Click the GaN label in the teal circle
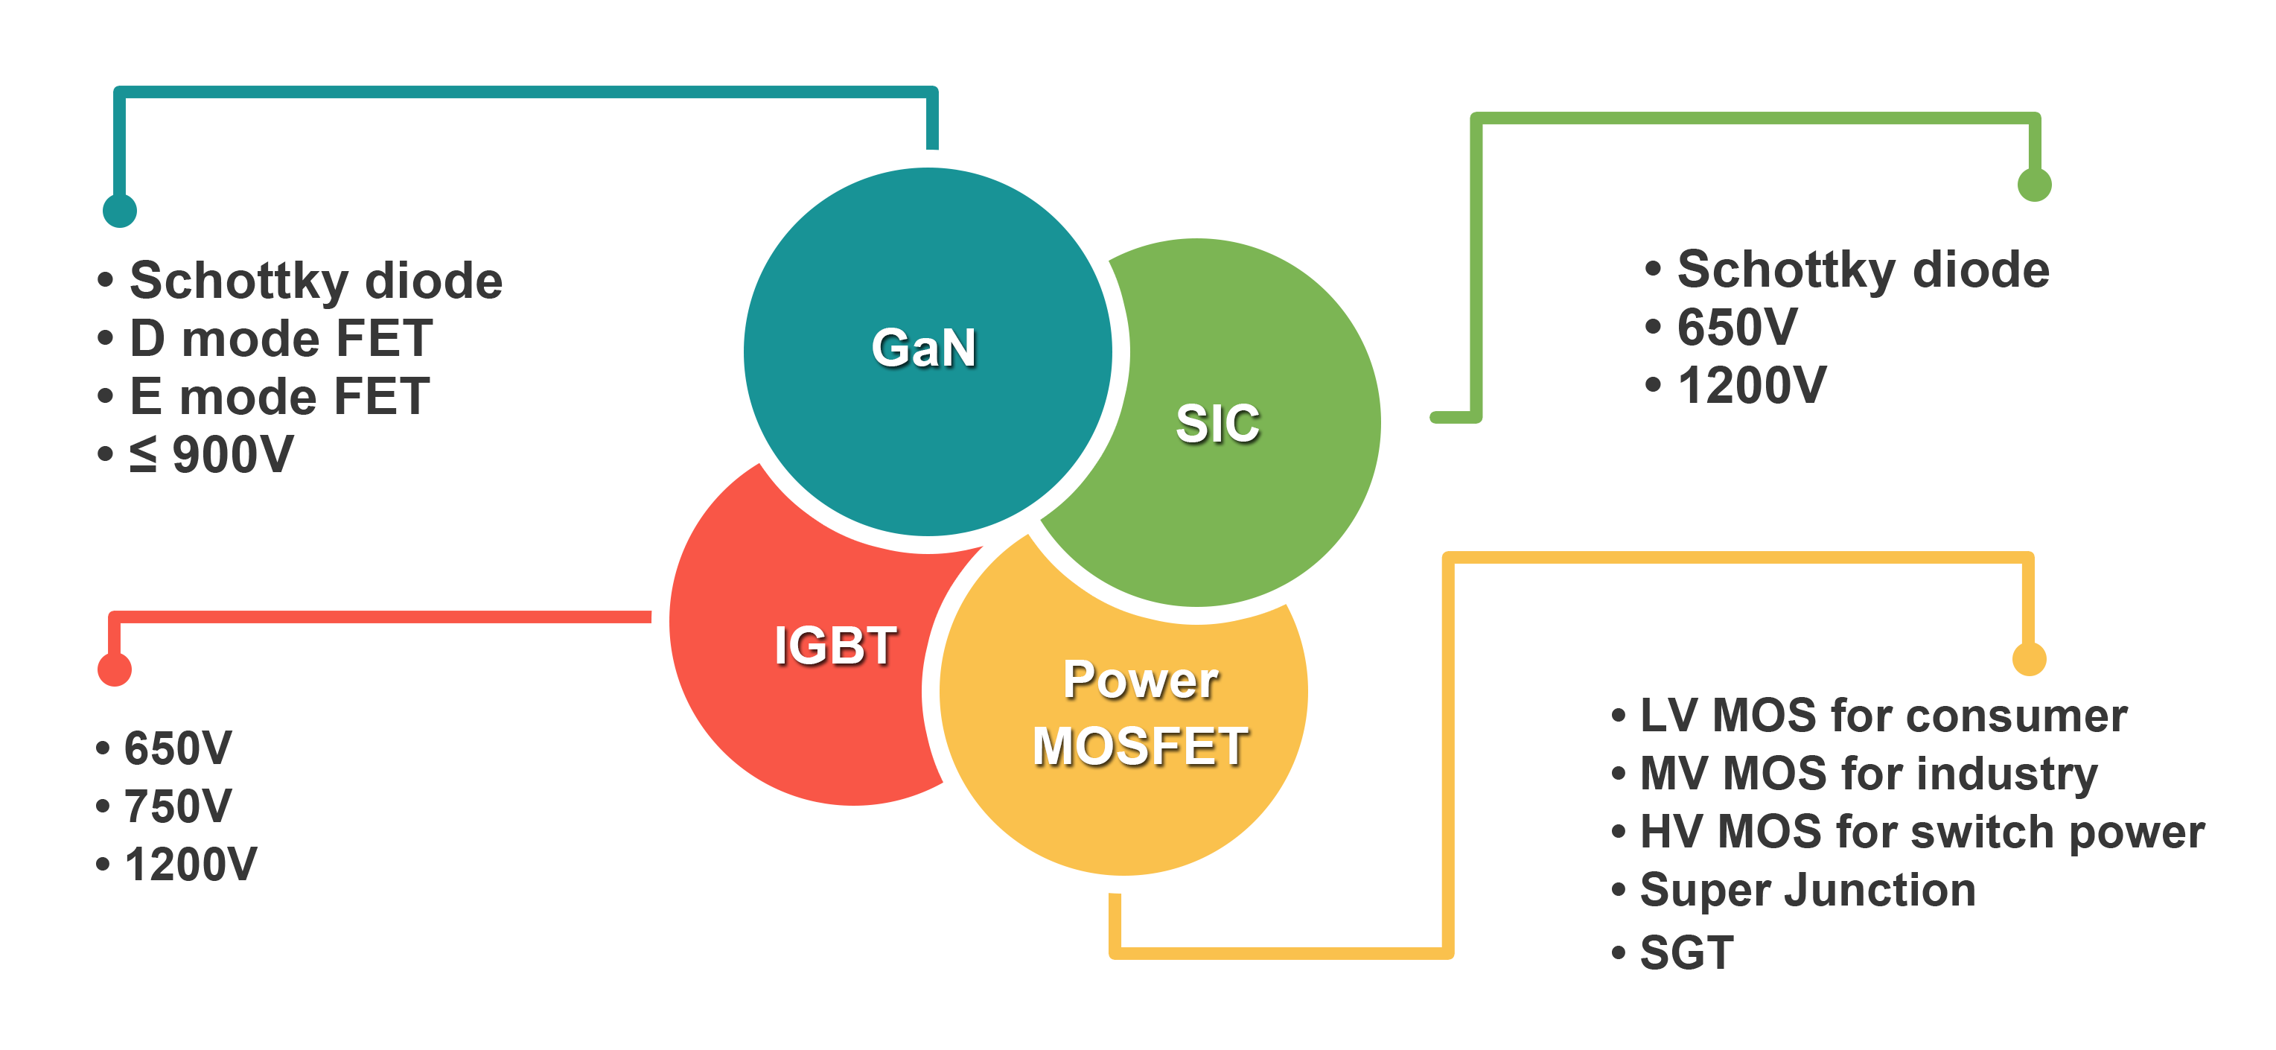coord(923,347)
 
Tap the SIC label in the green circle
coord(1217,424)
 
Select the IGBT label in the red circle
coord(835,645)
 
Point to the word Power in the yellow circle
coord(1141,680)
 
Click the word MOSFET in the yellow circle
coord(1140,746)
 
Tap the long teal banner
coord(424,150)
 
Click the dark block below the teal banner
coord(303,366)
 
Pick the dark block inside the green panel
coord(1851,326)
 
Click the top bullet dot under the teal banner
coord(103,279)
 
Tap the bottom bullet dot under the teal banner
coord(103,454)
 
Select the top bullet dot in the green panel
coord(1651,268)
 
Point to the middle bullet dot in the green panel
coord(1651,326)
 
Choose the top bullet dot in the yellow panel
coord(1617,715)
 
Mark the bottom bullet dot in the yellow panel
coord(1617,952)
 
